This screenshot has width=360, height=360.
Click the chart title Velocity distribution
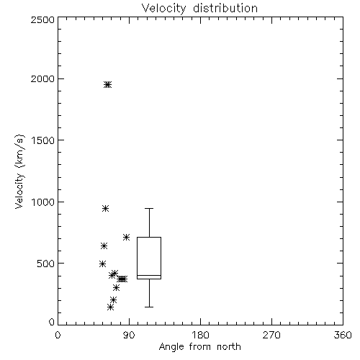point(199,9)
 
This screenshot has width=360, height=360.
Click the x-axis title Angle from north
point(199,346)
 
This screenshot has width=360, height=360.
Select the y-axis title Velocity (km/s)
point(19,171)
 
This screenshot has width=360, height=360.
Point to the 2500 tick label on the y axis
point(43,19)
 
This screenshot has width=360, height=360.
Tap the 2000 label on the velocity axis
point(43,78)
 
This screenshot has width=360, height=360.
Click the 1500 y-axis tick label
point(43,140)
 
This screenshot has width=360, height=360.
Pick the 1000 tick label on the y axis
point(43,202)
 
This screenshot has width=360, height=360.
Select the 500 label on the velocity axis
point(46,264)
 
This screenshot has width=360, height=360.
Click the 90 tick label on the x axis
point(129,335)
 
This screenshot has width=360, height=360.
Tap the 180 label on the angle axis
point(200,335)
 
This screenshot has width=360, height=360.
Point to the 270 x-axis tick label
point(271,335)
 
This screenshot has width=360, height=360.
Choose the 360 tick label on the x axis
point(343,335)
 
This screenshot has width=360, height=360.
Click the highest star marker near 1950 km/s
point(108,84)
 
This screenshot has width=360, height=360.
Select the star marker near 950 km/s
point(105,208)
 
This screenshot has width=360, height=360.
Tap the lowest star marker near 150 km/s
point(110,307)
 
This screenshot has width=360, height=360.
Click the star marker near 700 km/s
point(126,238)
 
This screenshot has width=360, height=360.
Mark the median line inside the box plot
point(149,275)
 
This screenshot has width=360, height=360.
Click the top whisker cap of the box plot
point(149,209)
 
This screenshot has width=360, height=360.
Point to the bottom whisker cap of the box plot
point(149,307)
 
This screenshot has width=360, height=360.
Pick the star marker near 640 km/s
point(104,246)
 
